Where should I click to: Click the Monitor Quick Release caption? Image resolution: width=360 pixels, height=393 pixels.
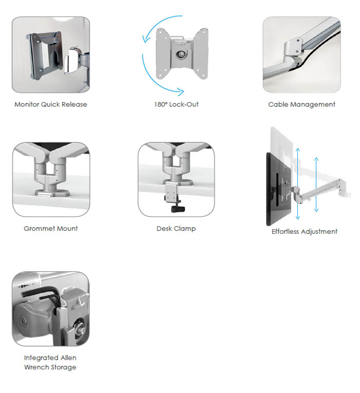point(51,104)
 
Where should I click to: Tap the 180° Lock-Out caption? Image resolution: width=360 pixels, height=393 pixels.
point(176,104)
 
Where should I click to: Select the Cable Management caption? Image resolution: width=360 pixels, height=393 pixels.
point(301,104)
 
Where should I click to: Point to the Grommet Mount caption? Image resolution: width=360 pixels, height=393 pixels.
point(51,229)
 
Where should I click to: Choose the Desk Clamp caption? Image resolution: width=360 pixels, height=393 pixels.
point(176,229)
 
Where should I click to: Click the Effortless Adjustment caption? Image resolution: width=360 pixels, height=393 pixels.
point(304,232)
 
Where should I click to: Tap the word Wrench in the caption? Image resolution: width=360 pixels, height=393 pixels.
point(38,367)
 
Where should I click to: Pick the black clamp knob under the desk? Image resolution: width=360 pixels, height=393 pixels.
point(178,209)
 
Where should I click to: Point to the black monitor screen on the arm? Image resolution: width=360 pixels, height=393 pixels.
point(278,189)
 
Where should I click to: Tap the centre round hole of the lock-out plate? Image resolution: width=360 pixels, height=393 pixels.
point(181,54)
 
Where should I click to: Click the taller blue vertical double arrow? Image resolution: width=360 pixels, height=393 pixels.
point(298,184)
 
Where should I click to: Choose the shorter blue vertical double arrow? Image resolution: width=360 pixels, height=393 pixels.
point(316,184)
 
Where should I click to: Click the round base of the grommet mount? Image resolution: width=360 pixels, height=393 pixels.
point(52,193)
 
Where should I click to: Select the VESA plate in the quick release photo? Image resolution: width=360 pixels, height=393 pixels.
point(46,54)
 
